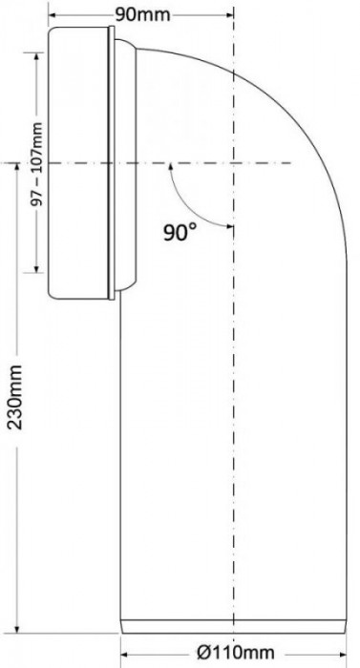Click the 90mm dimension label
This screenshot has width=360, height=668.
coord(142,14)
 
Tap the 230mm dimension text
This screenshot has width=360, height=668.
coord(15,396)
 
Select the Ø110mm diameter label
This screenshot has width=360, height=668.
coord(236,652)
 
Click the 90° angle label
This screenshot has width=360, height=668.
coord(180,232)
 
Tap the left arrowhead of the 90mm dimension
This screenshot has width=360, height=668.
coord(52,14)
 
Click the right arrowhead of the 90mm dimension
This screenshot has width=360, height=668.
coord(229,14)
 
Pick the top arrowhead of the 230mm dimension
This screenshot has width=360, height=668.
coord(17,167)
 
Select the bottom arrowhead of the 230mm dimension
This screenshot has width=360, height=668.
coord(17,629)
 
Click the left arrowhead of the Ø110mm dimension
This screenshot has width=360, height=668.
coord(125,653)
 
